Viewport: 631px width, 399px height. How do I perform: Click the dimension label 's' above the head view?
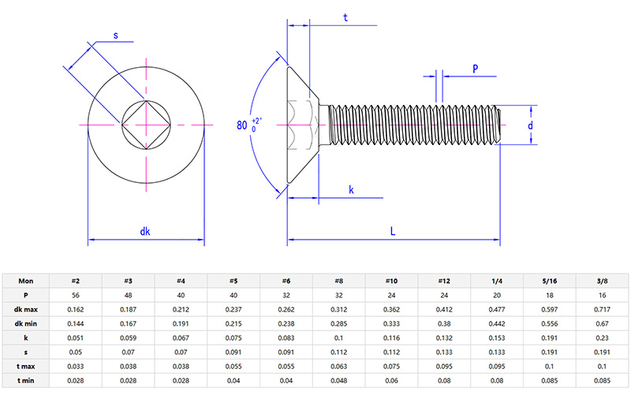point(116,35)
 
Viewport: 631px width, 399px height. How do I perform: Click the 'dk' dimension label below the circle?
point(145,231)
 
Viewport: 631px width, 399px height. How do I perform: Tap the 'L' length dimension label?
point(393,230)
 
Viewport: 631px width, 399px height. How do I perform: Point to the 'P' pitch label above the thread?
point(476,69)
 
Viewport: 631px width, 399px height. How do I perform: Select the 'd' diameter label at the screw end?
point(531,125)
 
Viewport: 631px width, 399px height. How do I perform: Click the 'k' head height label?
point(351,190)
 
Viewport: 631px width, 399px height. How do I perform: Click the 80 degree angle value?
point(242,125)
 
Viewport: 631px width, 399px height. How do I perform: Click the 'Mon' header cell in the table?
point(26,281)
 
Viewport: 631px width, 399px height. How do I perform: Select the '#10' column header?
point(392,281)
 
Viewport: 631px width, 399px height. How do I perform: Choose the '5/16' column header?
point(550,281)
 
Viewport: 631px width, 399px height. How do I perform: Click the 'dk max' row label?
point(26,309)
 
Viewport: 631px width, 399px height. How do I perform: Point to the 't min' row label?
point(26,380)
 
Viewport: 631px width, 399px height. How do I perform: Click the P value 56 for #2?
point(76,295)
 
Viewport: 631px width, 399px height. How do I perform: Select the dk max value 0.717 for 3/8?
point(603,309)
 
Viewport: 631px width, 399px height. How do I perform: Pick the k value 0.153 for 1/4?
point(497,337)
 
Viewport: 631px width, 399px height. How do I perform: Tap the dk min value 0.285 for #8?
point(339,323)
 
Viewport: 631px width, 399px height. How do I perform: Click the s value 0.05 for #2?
point(76,352)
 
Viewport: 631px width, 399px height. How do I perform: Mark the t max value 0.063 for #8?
point(339,366)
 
